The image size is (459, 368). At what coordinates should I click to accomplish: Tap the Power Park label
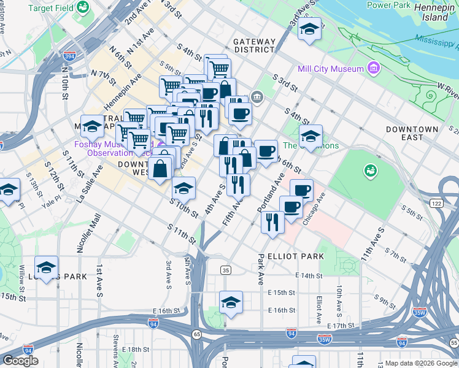(388, 5)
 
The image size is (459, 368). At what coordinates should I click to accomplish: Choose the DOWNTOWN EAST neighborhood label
(412, 134)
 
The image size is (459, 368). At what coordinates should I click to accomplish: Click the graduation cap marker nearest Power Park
(310, 30)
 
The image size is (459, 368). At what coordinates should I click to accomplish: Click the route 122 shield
(436, 203)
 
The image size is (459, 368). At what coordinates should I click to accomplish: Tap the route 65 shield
(197, 334)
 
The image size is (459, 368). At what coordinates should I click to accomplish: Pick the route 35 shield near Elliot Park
(226, 270)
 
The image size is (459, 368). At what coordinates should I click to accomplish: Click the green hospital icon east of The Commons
(370, 169)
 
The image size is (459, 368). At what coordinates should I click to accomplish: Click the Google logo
(20, 361)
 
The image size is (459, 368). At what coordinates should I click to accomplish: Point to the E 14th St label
(309, 276)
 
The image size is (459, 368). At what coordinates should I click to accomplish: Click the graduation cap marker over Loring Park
(46, 267)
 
